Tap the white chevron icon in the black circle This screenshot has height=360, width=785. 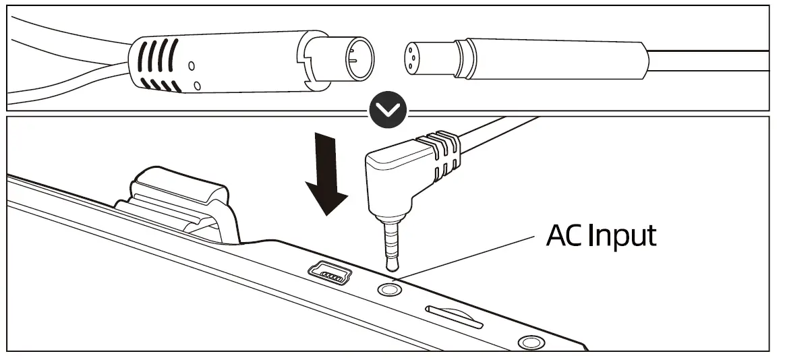[388, 110]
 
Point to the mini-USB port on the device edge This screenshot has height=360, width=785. [329, 273]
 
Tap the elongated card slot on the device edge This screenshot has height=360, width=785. [455, 317]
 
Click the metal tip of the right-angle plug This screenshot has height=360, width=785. [391, 244]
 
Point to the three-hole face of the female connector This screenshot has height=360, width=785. [413, 59]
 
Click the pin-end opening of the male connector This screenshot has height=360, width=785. [360, 59]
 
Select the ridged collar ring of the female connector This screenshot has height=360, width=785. [465, 59]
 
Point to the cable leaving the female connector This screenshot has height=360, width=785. [708, 61]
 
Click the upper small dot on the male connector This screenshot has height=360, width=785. [192, 65]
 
